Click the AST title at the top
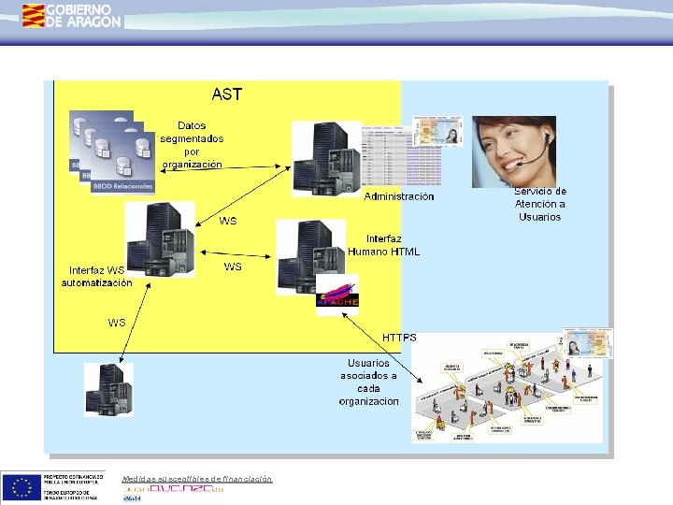point(226,94)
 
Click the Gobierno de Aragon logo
point(72,14)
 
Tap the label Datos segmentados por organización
point(192,144)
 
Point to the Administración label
point(399,197)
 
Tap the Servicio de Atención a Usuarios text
point(540,204)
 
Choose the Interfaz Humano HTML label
point(384,245)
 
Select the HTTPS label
point(400,336)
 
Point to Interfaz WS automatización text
point(97,277)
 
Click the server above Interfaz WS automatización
point(160,239)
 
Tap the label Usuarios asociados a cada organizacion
point(369,382)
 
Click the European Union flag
point(21,487)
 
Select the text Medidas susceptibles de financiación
point(196,479)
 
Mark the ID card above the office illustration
point(589,343)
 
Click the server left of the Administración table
point(325,158)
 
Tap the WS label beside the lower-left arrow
point(117,323)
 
